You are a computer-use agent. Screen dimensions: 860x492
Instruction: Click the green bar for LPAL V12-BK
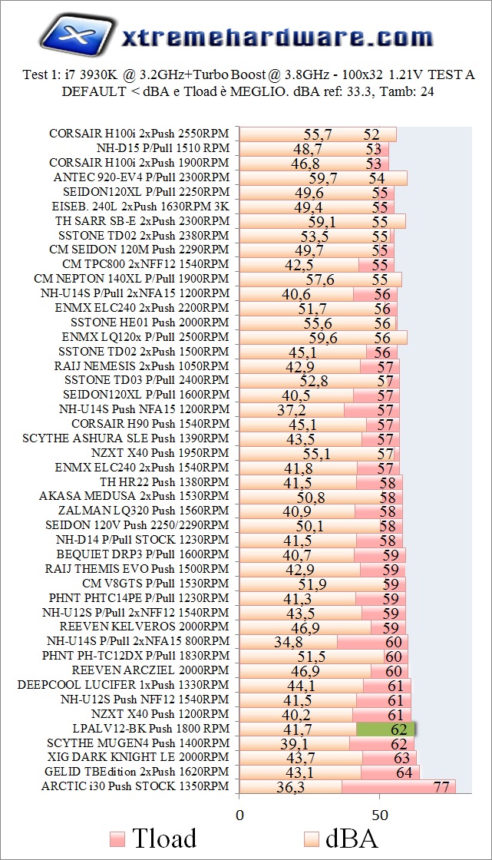(x=386, y=729)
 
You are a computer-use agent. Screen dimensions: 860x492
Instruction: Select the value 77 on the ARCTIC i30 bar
(x=441, y=787)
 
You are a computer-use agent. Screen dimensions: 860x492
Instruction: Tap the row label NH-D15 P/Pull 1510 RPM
(x=163, y=148)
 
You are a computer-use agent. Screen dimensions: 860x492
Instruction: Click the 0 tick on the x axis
(x=239, y=813)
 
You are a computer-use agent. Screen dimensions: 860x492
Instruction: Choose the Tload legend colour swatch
(x=117, y=837)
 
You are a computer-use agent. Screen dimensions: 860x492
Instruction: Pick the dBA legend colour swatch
(x=312, y=837)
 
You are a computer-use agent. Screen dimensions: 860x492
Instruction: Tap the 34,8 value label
(x=288, y=642)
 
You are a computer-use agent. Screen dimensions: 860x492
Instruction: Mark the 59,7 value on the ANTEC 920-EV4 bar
(x=323, y=178)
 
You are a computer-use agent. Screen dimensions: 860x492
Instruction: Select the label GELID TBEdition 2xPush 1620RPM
(x=137, y=771)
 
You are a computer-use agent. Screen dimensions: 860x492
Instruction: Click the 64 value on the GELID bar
(x=404, y=772)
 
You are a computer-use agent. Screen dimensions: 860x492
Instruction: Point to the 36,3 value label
(x=293, y=787)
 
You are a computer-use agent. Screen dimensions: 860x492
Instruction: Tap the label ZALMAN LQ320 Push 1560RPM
(x=144, y=511)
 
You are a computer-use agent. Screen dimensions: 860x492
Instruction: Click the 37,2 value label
(x=291, y=410)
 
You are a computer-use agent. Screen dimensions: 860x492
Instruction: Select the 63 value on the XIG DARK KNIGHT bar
(x=401, y=758)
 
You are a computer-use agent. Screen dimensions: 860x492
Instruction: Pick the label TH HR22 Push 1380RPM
(x=164, y=481)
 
